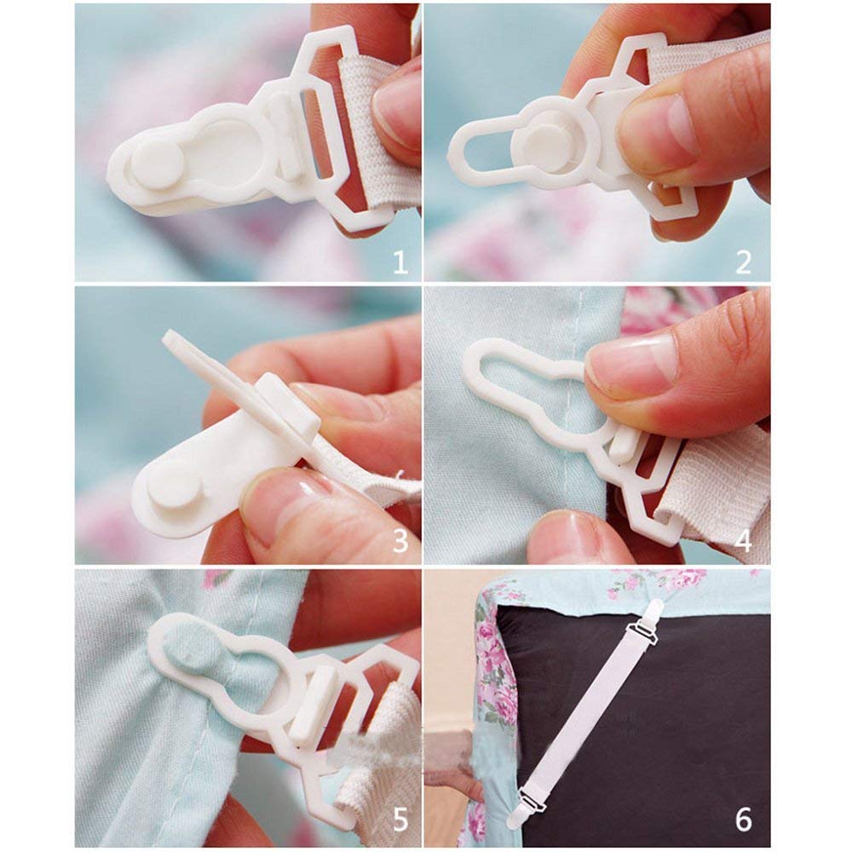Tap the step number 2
tap(743, 262)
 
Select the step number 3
tap(400, 541)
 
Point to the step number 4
tap(743, 541)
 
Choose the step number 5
tap(400, 820)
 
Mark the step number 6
tap(743, 820)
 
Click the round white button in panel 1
tap(158, 164)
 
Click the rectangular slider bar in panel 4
tap(622, 446)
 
